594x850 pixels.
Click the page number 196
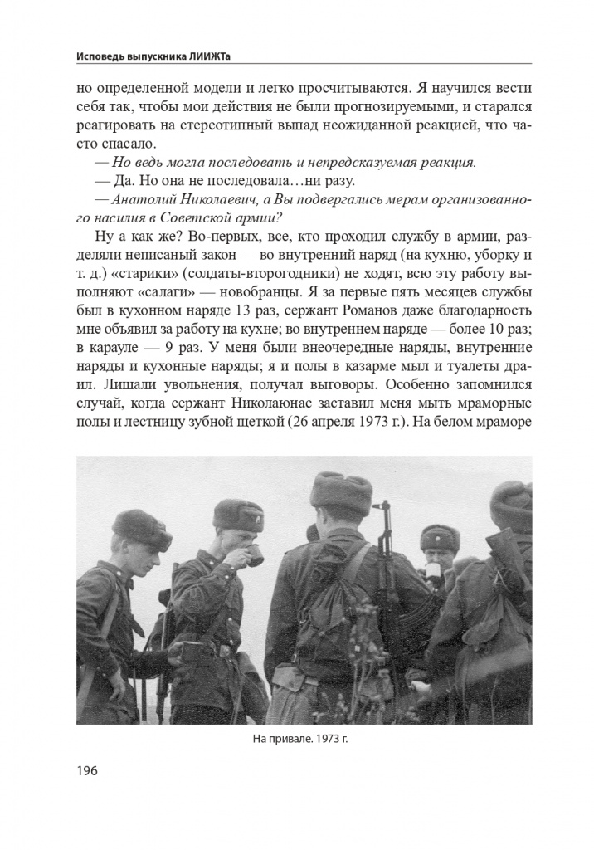pos(86,770)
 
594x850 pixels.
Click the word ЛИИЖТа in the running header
pos(229,56)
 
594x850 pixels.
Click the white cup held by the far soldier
pos(433,571)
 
